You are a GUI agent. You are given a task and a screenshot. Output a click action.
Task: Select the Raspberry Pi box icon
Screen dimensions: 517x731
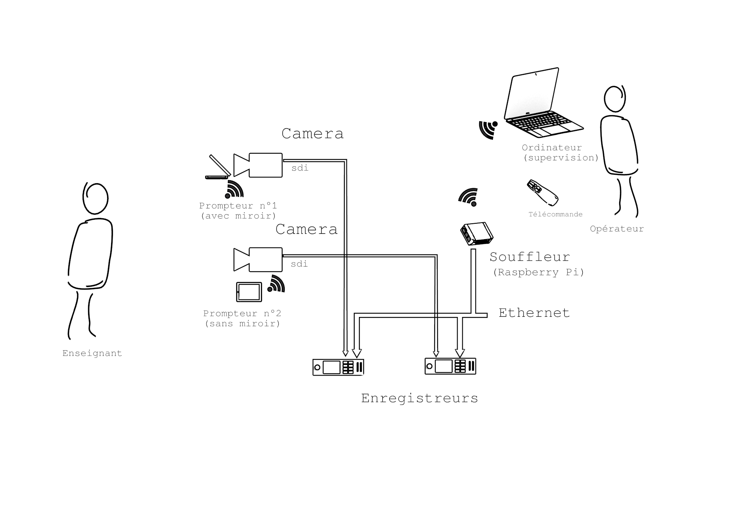click(x=476, y=233)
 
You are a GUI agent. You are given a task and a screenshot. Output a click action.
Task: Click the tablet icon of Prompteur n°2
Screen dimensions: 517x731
click(x=249, y=292)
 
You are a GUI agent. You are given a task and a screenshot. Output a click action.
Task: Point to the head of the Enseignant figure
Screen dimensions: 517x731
click(x=95, y=199)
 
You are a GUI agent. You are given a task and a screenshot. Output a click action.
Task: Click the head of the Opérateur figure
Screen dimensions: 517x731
click(x=615, y=99)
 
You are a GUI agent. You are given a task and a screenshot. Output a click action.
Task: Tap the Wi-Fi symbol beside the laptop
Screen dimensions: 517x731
click(x=488, y=130)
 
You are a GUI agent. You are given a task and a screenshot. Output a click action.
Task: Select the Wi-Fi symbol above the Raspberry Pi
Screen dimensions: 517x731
click(x=469, y=197)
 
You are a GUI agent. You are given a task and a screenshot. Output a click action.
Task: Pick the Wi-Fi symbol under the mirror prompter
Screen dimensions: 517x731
click(x=234, y=189)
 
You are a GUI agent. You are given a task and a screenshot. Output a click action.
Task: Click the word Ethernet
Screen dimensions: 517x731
click(x=534, y=313)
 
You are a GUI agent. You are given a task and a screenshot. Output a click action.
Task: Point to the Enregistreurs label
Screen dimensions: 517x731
click(x=419, y=398)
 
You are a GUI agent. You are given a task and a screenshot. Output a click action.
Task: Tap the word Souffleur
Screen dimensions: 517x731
click(x=530, y=257)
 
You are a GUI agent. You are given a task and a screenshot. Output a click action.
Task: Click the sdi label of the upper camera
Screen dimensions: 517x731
click(x=300, y=168)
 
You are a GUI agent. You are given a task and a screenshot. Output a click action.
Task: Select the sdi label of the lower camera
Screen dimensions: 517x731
click(x=299, y=264)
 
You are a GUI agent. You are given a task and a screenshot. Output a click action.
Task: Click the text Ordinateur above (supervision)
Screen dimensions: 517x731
click(x=552, y=148)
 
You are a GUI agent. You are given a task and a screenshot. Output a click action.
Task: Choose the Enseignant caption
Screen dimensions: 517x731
click(x=92, y=353)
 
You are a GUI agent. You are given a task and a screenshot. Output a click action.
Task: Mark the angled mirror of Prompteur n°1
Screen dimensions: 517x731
click(x=220, y=165)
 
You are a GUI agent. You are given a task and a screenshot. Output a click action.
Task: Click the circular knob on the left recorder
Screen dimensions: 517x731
click(x=317, y=367)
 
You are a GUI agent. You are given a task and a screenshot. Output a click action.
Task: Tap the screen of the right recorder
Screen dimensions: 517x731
click(x=443, y=366)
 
